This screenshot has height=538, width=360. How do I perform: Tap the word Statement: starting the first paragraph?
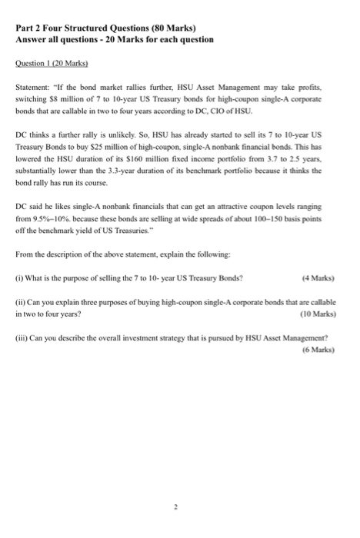33,90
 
